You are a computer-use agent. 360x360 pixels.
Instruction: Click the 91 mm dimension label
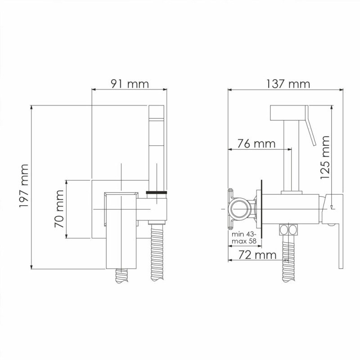(x=130, y=84)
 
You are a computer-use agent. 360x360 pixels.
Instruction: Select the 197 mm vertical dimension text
(x=24, y=186)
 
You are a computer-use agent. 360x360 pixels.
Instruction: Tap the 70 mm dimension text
(x=59, y=209)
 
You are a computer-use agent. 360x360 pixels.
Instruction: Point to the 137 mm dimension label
(x=288, y=84)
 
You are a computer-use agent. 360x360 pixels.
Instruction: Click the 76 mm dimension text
(x=256, y=144)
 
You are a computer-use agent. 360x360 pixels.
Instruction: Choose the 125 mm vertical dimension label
(x=324, y=157)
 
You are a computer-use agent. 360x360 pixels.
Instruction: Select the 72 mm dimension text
(x=257, y=255)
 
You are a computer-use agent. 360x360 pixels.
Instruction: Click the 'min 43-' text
(x=243, y=234)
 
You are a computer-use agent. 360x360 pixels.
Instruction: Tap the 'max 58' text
(x=244, y=241)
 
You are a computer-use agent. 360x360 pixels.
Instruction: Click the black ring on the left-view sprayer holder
(x=157, y=193)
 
